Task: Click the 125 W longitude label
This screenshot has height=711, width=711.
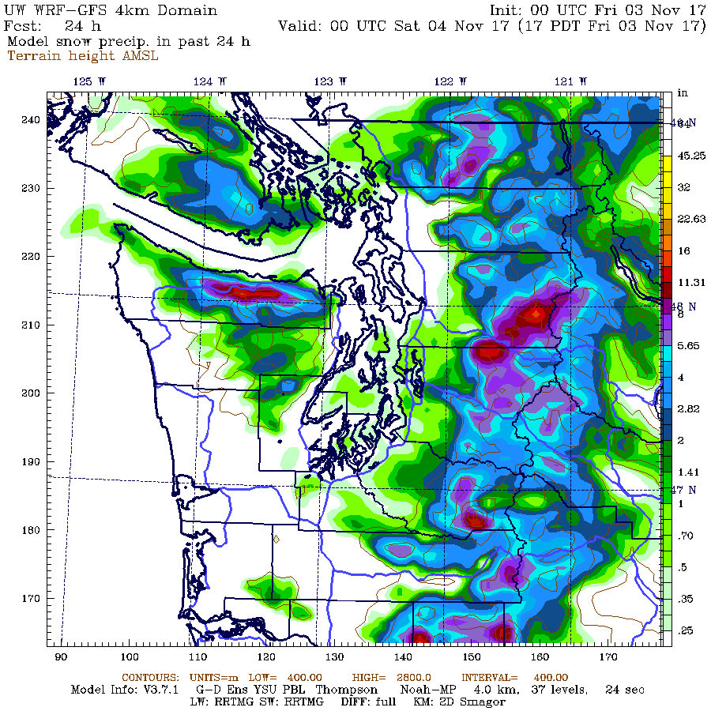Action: pos(83,81)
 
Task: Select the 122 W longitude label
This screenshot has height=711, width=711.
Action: pos(450,81)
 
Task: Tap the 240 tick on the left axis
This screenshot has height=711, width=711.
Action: pos(30,120)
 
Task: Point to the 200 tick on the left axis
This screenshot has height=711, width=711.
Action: pos(30,393)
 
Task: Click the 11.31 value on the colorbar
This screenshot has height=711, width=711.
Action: pos(684,281)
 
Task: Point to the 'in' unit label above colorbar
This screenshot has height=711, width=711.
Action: pos(683,94)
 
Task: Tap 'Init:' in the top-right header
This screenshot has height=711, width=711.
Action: pos(510,10)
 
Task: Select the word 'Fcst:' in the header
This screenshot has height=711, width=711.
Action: pos(24,25)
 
